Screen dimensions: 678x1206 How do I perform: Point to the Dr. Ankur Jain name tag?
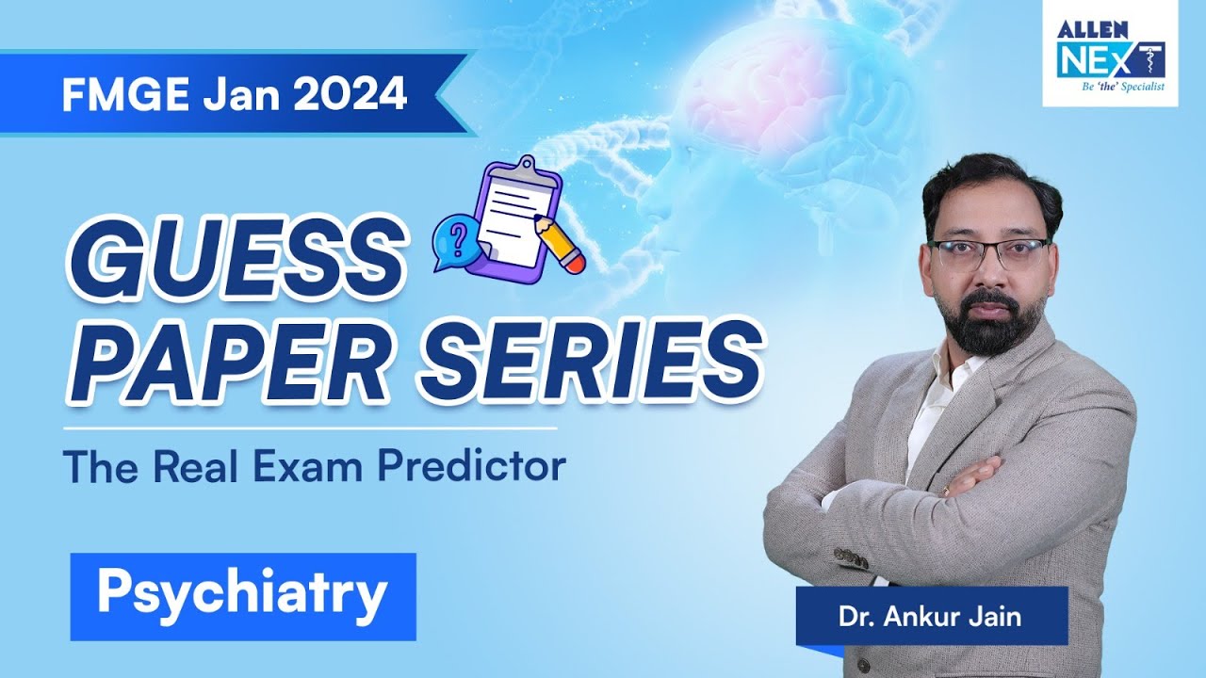pyautogui.click(x=931, y=617)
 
